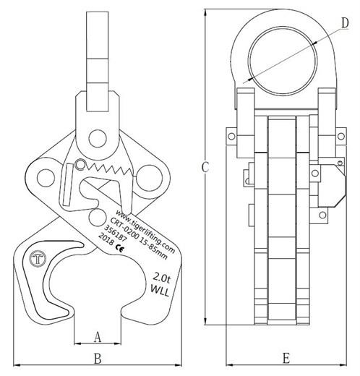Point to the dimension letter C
click(x=205, y=168)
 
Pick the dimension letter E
click(x=286, y=358)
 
